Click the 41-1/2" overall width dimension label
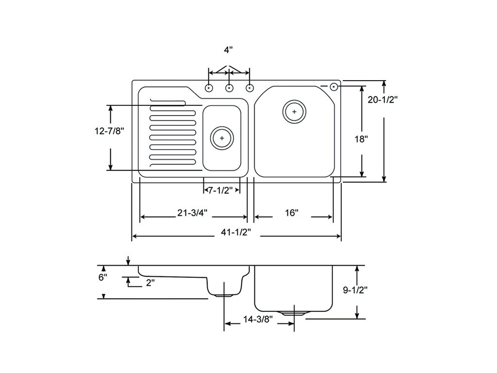236,233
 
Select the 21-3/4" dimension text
192,213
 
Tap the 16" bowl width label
292,213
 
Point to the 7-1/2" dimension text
220,190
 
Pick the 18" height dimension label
361,139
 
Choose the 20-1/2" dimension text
382,100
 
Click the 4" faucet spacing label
229,50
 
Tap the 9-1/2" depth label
355,290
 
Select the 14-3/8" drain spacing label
258,320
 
